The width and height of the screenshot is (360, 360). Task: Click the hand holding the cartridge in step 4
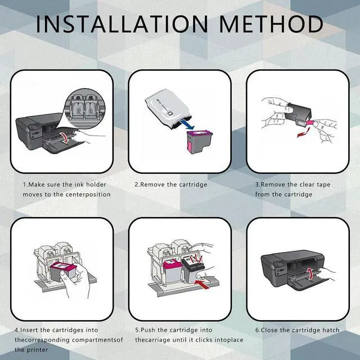pyautogui.click(x=84, y=281)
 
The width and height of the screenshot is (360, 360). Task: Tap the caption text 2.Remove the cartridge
pyautogui.click(x=170, y=184)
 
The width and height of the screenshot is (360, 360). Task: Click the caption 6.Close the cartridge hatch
pyautogui.click(x=297, y=329)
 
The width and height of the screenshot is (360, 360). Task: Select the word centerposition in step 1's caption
pyautogui.click(x=85, y=194)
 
